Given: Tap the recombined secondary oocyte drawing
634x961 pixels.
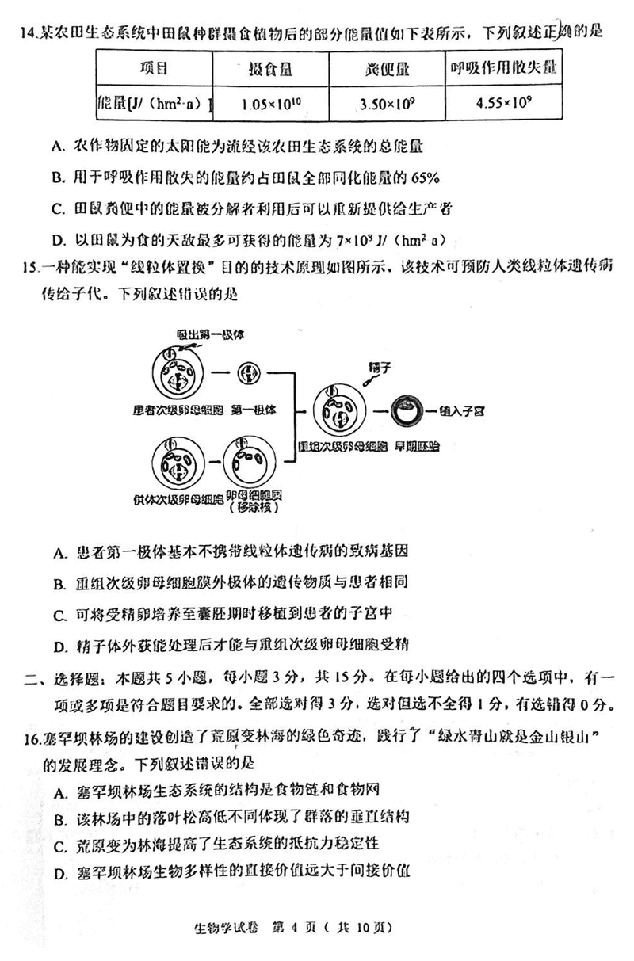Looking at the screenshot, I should point(337,411).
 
